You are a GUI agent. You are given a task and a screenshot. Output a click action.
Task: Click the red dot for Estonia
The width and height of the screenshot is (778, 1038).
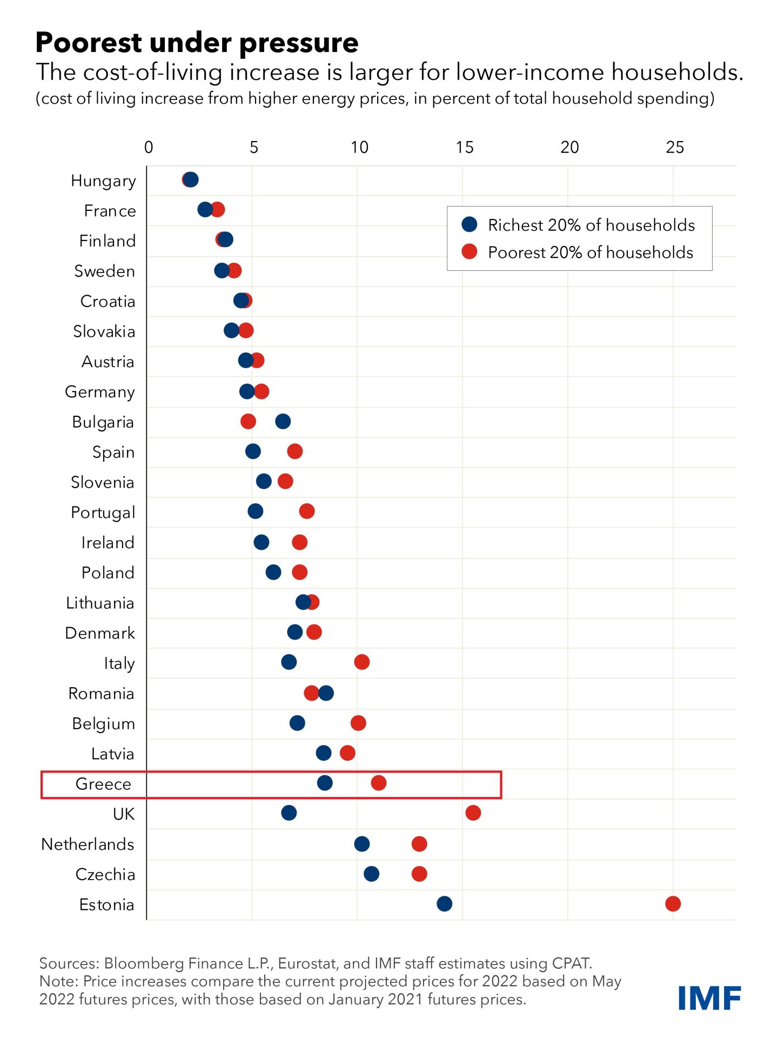pyautogui.click(x=673, y=903)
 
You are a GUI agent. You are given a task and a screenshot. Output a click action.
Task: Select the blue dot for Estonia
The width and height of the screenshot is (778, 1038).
pyautogui.click(x=444, y=903)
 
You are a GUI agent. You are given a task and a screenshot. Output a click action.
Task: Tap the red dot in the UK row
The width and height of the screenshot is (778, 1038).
pyautogui.click(x=473, y=813)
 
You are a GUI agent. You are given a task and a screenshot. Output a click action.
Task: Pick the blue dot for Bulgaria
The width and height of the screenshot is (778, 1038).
pyautogui.click(x=283, y=421)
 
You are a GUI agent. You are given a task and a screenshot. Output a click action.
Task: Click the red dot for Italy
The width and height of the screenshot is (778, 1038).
pyautogui.click(x=361, y=662)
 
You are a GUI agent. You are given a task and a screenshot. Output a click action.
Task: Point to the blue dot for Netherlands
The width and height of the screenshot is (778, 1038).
pyautogui.click(x=361, y=843)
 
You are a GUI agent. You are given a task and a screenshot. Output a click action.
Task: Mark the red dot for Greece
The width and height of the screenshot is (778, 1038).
pyautogui.click(x=378, y=782)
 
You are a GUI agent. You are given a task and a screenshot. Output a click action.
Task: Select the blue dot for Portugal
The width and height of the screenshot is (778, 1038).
pyautogui.click(x=255, y=511)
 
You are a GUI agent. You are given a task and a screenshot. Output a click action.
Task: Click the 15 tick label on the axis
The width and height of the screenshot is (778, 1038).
pyautogui.click(x=464, y=147)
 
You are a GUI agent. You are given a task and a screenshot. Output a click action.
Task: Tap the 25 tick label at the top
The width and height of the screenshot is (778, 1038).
pyautogui.click(x=674, y=147)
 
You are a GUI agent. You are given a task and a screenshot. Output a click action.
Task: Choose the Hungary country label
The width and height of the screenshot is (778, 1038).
pyautogui.click(x=103, y=181)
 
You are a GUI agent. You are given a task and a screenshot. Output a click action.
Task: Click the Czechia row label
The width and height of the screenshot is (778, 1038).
pyautogui.click(x=105, y=874)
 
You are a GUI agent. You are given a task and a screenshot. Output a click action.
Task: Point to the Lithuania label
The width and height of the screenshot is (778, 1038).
pyautogui.click(x=99, y=603)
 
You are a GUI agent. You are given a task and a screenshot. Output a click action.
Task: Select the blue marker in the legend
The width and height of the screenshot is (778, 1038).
pyautogui.click(x=470, y=224)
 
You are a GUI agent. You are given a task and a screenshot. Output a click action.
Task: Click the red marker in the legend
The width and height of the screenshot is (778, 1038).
pyautogui.click(x=470, y=251)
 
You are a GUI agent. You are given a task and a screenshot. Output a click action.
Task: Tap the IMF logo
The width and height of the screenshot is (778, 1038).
pyautogui.click(x=709, y=997)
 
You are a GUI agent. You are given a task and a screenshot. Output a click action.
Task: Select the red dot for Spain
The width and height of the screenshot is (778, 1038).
pyautogui.click(x=294, y=451)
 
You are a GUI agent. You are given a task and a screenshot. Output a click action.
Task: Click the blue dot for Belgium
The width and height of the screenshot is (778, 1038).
pyautogui.click(x=297, y=723)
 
